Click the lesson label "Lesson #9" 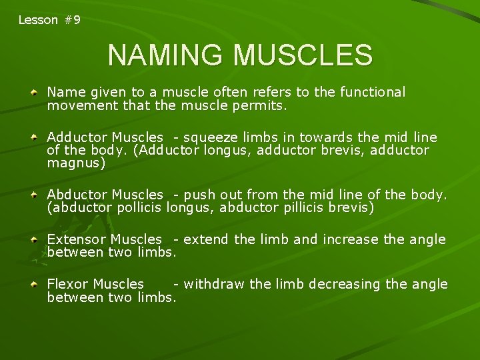tap(49, 20)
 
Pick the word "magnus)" tap(76, 163)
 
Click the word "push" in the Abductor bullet tap(197, 195)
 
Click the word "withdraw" tap(213, 285)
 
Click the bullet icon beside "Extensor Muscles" tap(33, 239)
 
